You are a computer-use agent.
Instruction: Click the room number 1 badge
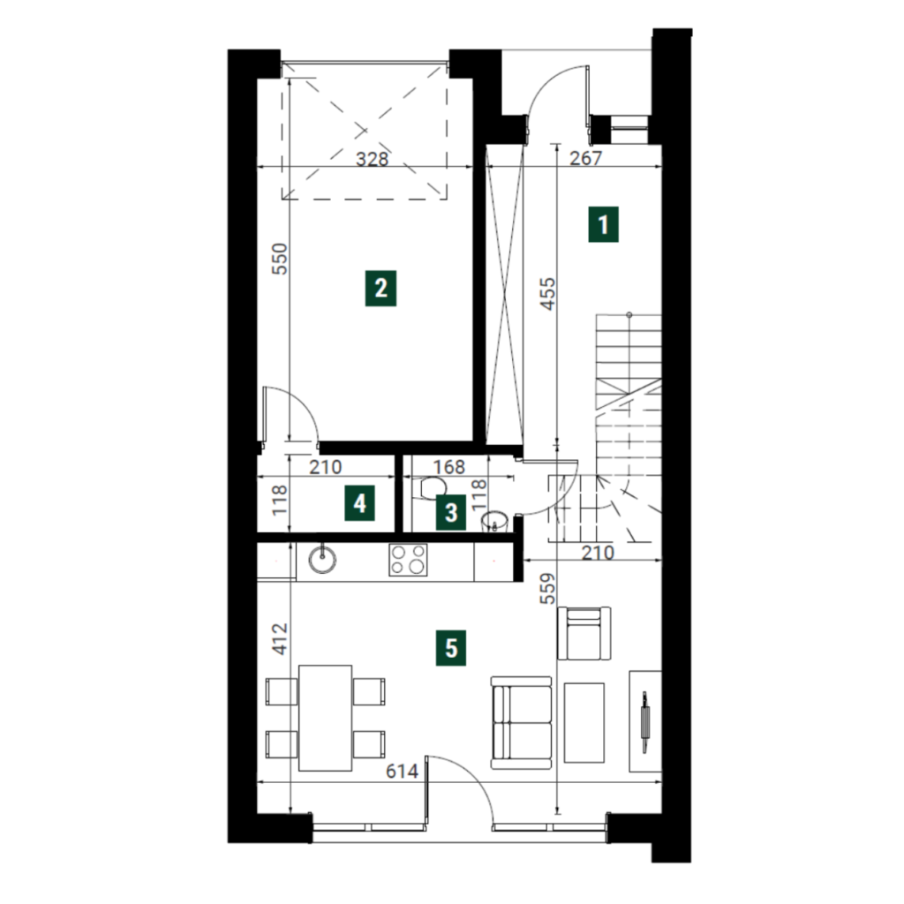[603, 224]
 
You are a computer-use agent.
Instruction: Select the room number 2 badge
[380, 288]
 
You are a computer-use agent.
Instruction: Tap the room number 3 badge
[451, 512]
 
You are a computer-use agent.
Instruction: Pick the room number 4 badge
[360, 503]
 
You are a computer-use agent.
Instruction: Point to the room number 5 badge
[451, 648]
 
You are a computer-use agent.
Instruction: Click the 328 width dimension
[372, 159]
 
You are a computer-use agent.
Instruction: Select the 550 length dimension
[279, 259]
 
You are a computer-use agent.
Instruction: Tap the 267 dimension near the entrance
[586, 157]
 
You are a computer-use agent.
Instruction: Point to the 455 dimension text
[548, 293]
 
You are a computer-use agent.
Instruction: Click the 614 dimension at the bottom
[402, 771]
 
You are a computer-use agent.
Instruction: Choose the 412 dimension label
[280, 638]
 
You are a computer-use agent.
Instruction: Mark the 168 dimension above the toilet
[449, 466]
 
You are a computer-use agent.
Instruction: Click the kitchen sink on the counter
[321, 558]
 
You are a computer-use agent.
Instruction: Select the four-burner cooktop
[408, 560]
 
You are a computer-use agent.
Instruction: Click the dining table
[325, 718]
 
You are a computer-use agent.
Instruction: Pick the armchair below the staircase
[584, 633]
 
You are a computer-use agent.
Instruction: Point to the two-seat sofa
[521, 723]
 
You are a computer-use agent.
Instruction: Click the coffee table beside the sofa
[584, 723]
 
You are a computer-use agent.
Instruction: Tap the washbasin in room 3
[494, 521]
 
